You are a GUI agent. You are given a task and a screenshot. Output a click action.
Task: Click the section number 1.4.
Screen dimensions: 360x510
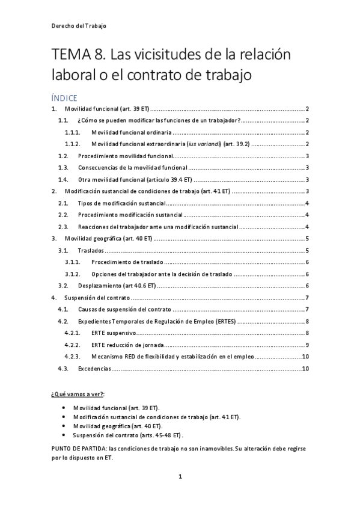point(63,179)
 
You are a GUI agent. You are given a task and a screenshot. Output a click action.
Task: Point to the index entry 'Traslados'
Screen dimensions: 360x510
point(90,250)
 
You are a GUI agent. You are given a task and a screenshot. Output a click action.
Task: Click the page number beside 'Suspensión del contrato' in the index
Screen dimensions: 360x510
point(307,298)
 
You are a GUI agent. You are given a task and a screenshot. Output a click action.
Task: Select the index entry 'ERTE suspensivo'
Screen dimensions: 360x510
point(114,333)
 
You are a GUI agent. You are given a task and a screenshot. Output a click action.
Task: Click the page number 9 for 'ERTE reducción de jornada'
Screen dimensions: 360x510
point(307,345)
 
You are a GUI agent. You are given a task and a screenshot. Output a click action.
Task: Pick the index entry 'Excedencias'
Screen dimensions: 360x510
point(94,368)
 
